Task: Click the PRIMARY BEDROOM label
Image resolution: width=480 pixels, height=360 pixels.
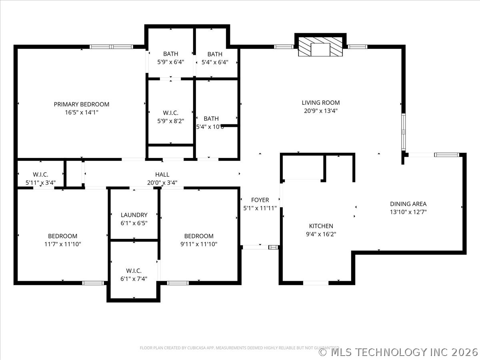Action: coord(81,104)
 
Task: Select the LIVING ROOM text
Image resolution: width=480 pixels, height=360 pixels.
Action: coord(320,103)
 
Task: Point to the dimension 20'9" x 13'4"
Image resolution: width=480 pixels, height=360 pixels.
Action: coord(320,111)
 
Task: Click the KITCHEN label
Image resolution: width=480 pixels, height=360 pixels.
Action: coord(321,226)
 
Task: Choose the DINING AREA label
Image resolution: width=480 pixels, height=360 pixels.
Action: coord(408,204)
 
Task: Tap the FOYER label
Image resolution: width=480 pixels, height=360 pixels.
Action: coord(260,200)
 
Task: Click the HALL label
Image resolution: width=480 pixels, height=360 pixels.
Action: coord(162,174)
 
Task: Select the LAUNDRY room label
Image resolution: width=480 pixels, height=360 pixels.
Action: coord(134,215)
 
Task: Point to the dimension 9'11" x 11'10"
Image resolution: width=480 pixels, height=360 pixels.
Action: coord(198,244)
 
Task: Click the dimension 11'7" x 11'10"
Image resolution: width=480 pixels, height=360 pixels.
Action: coord(62,244)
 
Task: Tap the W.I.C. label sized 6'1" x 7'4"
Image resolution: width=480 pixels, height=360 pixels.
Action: coord(134,271)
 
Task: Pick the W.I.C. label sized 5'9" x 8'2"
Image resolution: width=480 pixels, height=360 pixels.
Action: coord(170,113)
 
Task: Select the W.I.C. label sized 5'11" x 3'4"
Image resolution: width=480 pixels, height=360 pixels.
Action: coord(40,174)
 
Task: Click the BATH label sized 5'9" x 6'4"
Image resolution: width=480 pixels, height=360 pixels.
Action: coord(170,54)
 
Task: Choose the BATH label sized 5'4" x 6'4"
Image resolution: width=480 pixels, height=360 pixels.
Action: coord(215,54)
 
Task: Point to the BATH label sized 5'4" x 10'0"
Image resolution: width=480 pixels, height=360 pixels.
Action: coord(211,118)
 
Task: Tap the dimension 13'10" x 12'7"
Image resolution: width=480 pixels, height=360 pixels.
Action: coord(408,212)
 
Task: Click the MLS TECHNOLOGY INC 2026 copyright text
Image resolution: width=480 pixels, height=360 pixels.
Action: coord(398,352)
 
